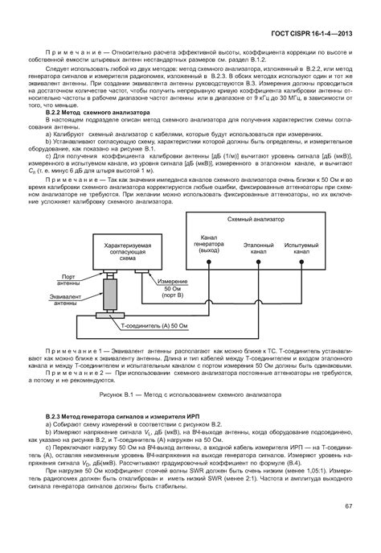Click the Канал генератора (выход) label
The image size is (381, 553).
(x=209, y=244)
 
